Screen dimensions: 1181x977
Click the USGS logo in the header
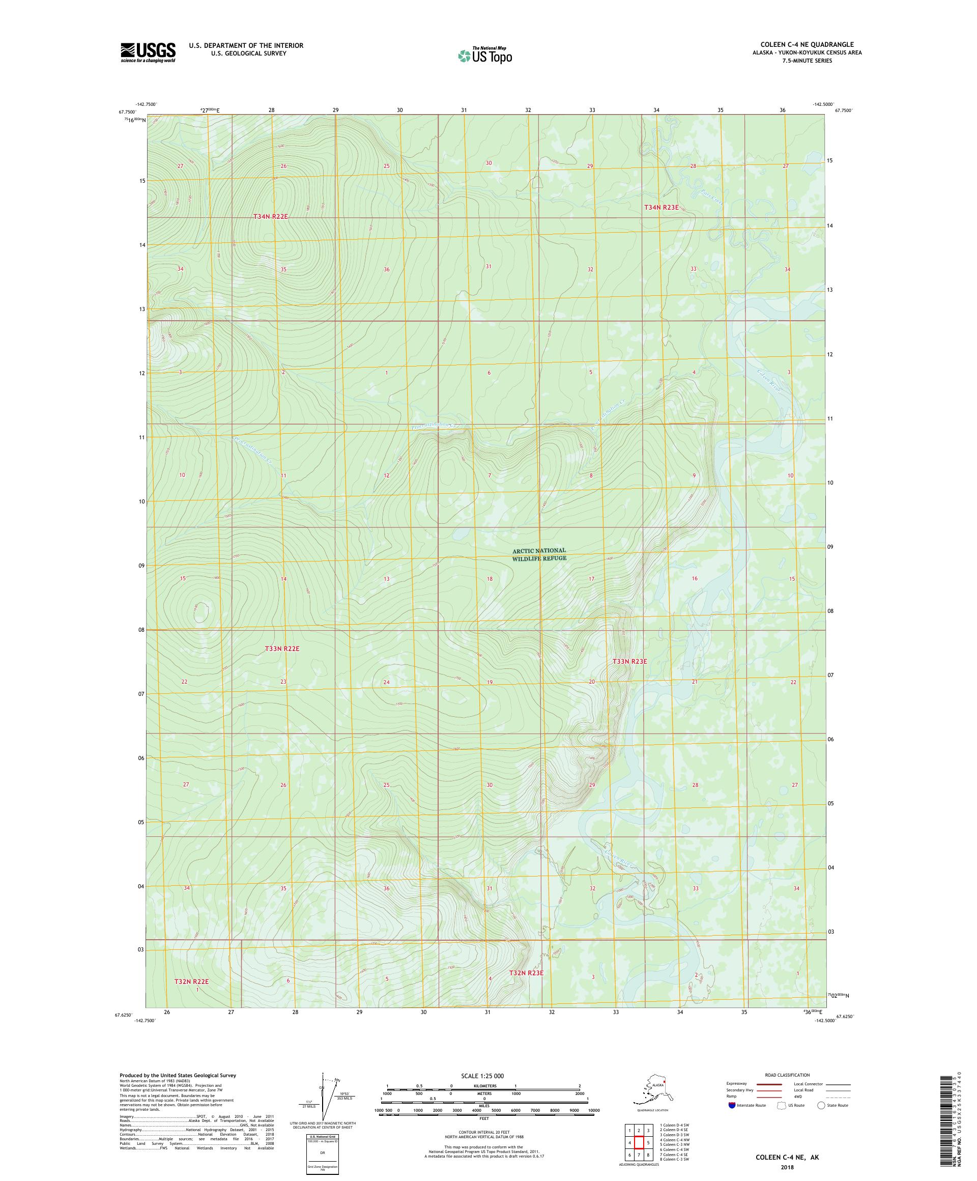point(147,53)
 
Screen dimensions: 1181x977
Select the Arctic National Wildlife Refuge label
point(538,554)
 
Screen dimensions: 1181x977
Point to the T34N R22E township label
point(270,216)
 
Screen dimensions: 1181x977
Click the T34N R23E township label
point(660,208)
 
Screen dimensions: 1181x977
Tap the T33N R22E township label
point(282,649)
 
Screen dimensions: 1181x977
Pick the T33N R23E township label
point(629,661)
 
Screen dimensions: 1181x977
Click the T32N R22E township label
point(191,981)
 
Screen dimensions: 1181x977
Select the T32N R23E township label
point(526,972)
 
